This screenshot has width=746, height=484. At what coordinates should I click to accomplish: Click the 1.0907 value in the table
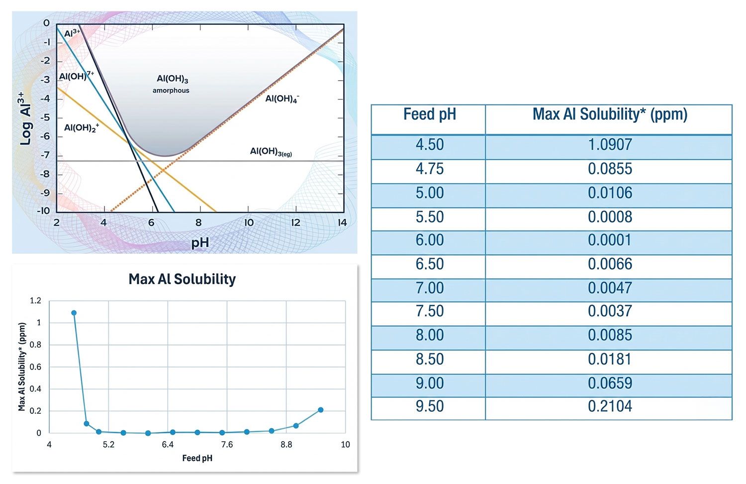610,145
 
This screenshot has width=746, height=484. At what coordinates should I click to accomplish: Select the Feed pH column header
429,115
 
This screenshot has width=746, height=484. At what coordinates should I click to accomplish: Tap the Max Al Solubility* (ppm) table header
610,115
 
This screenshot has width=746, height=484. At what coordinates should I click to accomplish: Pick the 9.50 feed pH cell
429,406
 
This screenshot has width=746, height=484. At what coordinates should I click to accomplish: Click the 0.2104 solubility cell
610,406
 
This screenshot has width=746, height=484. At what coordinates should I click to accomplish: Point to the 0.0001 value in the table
610,240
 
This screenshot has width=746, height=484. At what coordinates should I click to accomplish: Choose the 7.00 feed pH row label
429,288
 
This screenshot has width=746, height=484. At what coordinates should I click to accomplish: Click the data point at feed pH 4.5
74,313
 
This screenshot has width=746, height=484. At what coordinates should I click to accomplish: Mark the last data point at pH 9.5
321,410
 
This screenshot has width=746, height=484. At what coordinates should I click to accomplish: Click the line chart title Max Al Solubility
182,279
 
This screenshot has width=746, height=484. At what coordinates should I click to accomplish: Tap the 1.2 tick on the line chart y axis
35,300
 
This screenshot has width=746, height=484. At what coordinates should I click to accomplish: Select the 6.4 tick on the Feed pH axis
168,444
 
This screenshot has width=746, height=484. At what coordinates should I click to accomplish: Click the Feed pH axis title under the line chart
197,458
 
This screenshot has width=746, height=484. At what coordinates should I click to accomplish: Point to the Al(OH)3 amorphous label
172,84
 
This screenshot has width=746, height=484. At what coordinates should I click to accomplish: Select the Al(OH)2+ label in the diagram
81,128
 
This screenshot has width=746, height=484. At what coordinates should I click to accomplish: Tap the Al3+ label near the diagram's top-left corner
72,33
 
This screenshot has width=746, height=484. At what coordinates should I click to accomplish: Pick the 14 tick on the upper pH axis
342,223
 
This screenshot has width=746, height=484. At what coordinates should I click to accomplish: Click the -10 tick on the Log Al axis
44,210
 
